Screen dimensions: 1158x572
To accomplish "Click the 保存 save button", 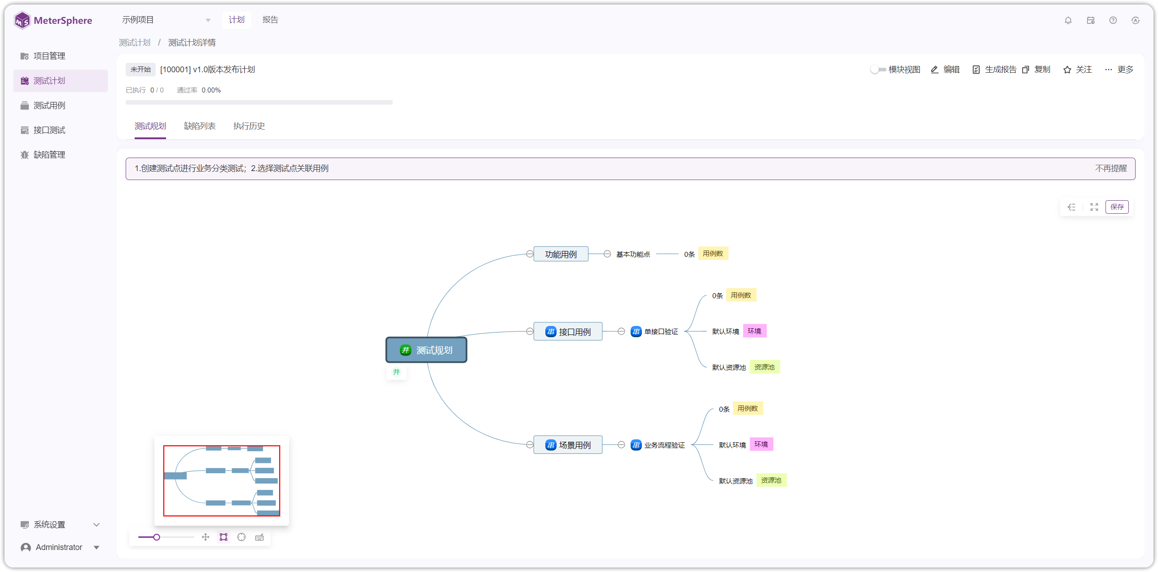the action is pos(1117,207).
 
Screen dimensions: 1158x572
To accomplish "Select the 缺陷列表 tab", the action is pos(200,126).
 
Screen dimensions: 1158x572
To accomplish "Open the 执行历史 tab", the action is pos(249,126).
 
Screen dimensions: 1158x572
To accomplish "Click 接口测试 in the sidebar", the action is pos(49,130).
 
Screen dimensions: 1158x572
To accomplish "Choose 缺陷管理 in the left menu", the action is pos(49,155).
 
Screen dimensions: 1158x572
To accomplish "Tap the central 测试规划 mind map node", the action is pos(426,350).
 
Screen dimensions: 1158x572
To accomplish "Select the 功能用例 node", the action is pos(561,254).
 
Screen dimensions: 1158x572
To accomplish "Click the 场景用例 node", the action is pos(568,445).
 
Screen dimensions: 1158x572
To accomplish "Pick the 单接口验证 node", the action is pos(655,331).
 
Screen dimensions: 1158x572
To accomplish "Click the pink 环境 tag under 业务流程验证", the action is pos(761,444).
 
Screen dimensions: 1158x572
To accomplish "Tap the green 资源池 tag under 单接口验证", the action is pos(764,367).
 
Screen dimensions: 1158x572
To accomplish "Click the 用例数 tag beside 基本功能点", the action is pos(713,254).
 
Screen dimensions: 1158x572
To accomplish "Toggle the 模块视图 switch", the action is pos(878,70).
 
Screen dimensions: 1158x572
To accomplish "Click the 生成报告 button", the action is pos(994,70).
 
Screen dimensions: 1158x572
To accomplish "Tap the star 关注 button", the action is pos(1078,70).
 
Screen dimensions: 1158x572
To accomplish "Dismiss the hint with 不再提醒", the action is pos(1111,168).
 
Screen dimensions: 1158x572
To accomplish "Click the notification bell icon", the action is pos(1068,20).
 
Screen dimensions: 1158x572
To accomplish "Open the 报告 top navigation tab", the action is pos(270,20).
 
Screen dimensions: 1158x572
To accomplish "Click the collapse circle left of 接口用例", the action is pos(530,331).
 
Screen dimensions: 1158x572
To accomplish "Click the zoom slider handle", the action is pos(157,537).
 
